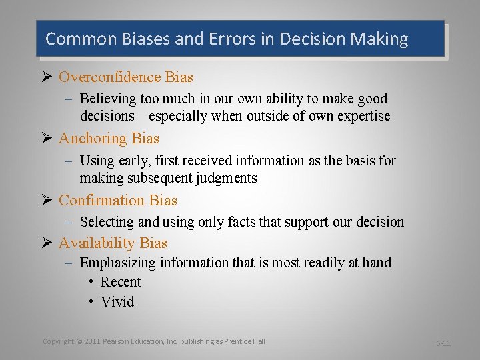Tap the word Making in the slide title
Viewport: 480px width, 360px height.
381,39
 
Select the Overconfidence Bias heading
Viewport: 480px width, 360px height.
125,77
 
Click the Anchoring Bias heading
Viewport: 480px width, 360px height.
109,139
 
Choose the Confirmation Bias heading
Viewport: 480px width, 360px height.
118,200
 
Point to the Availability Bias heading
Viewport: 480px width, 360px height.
113,243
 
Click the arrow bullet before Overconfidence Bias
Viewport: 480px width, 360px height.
47,77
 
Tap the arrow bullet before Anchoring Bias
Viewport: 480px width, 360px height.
47,139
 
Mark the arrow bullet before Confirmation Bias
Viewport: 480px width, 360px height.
47,200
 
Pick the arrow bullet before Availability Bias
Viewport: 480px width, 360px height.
47,243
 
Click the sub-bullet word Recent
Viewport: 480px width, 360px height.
121,282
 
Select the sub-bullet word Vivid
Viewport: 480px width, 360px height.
117,302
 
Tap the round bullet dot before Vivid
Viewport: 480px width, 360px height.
90,301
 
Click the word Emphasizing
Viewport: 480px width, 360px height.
117,263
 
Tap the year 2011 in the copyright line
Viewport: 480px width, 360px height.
92,341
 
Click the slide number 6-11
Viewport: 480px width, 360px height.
443,343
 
